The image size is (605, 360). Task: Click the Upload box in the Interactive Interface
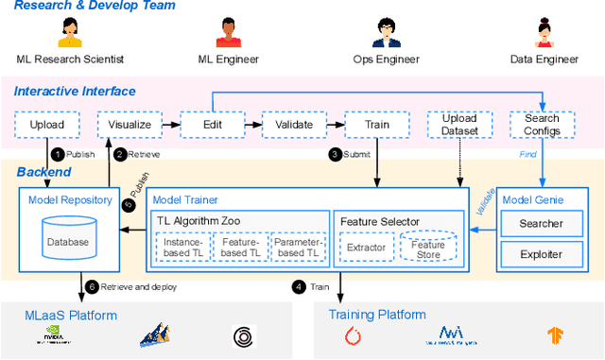point(47,124)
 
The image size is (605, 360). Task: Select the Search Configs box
point(542,124)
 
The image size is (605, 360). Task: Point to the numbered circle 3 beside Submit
point(334,155)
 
